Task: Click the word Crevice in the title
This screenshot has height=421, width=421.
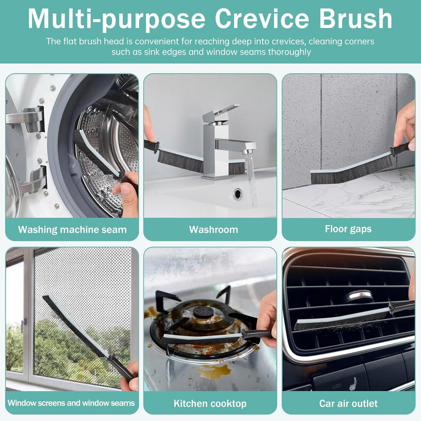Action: [x=262, y=19]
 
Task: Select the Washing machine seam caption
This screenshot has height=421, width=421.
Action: [x=72, y=230]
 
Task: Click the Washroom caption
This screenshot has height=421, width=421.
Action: [x=213, y=230]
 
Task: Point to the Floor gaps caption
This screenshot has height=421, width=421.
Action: [x=348, y=229]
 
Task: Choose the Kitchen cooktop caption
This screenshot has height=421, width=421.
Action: [x=210, y=404]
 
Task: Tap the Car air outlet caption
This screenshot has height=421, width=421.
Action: [x=348, y=404]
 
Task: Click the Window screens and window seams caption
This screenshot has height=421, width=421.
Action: [x=71, y=403]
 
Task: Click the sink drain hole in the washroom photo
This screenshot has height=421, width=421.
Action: [x=237, y=193]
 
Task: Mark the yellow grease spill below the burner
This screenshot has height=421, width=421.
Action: [x=214, y=371]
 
